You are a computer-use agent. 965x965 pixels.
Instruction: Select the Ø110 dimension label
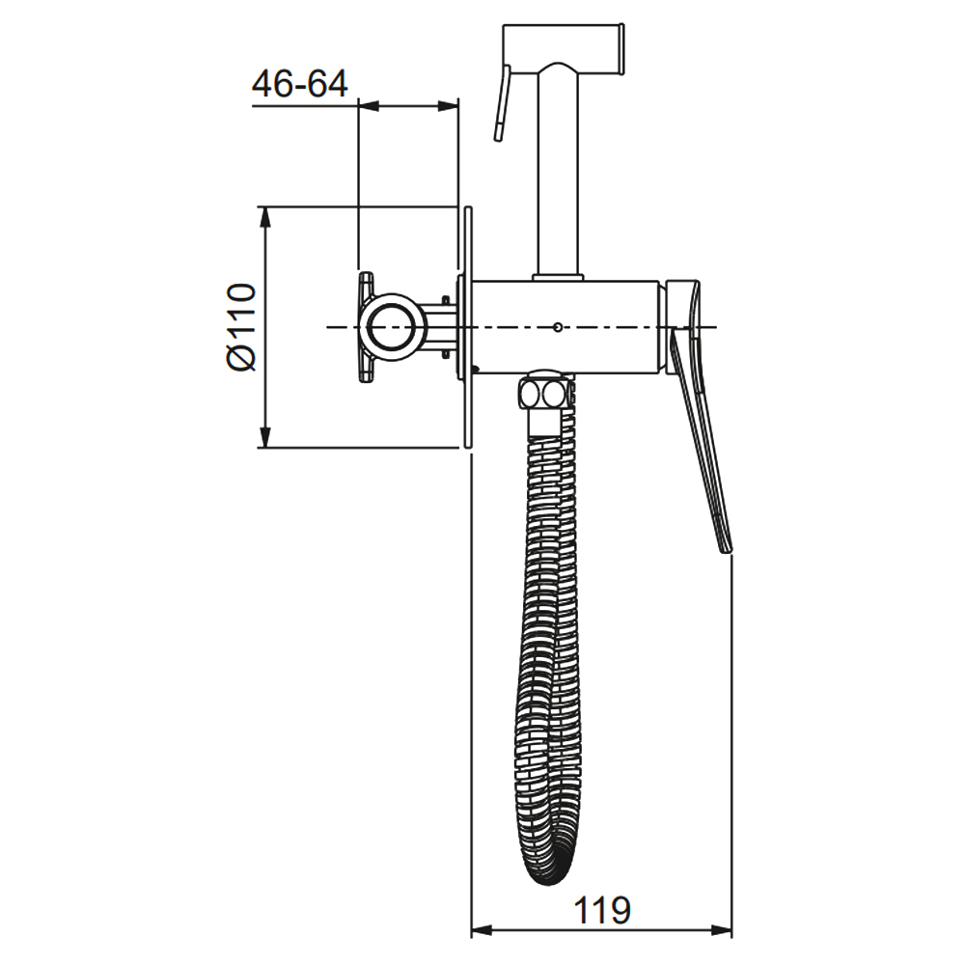[x=241, y=327]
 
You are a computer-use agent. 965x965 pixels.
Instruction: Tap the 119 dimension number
[x=602, y=910]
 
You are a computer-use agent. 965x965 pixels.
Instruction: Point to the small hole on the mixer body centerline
[x=557, y=327]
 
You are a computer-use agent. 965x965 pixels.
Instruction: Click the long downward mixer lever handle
[x=702, y=443]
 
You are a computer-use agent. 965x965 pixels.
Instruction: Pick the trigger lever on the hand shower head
[x=501, y=103]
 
